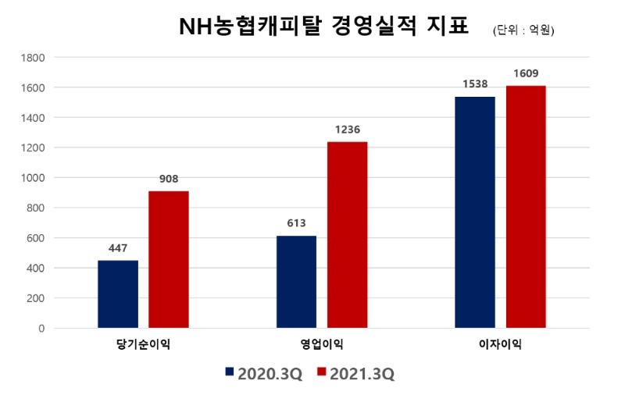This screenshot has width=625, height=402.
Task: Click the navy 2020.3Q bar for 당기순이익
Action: point(118,294)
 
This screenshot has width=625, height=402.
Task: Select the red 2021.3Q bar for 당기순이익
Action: point(169,259)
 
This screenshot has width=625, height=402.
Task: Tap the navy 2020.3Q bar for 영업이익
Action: point(297,282)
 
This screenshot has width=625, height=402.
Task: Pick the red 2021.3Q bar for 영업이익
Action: point(347,234)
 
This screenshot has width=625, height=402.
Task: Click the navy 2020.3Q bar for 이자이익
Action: point(475,212)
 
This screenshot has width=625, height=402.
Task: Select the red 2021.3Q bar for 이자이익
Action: point(526,207)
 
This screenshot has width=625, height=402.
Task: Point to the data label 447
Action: point(118,248)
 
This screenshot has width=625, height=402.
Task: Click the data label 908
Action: point(169,179)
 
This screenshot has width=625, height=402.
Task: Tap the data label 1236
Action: point(347,130)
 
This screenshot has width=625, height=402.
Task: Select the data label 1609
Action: point(526,73)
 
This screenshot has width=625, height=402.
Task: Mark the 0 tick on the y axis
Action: point(41,329)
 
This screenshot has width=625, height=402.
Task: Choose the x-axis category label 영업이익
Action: point(322,344)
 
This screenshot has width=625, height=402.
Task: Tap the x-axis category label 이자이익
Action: point(500,344)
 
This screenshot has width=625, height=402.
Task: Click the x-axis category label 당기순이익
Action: point(143,344)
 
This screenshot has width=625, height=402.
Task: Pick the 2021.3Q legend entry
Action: point(355,374)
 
